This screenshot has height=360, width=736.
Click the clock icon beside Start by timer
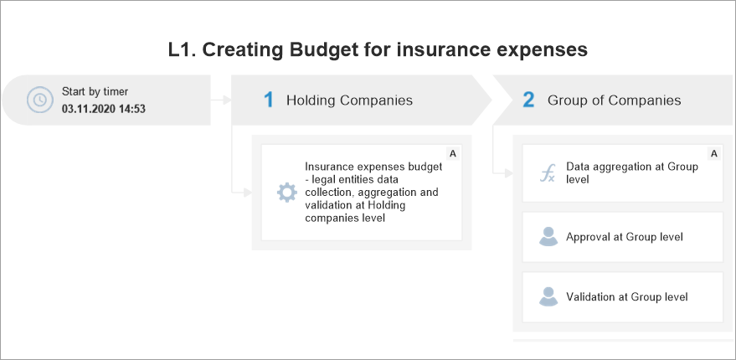coord(40,100)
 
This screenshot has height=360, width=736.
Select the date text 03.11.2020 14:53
coord(104,110)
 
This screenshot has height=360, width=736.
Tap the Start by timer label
coord(95,91)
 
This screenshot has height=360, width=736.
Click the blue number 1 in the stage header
coord(269,100)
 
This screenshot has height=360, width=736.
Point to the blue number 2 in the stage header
coord(528,100)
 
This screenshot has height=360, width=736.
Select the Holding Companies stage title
coord(350,100)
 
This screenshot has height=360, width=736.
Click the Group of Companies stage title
coord(615,100)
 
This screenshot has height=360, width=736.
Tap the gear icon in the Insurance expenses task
coord(287,193)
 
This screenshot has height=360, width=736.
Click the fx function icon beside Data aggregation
coord(548,173)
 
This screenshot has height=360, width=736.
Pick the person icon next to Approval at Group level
coord(548,237)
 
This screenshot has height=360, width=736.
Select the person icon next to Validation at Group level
coord(548,296)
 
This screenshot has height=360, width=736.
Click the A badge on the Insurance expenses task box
coord(453,153)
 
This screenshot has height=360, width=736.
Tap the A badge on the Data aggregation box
coord(714,153)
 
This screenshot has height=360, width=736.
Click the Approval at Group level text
coord(625,237)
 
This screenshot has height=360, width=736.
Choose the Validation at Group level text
coord(627,297)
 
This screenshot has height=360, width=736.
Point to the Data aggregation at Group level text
coord(632,172)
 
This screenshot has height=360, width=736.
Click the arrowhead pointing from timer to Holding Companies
coord(227,100)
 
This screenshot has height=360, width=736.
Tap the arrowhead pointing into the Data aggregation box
coord(508,173)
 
